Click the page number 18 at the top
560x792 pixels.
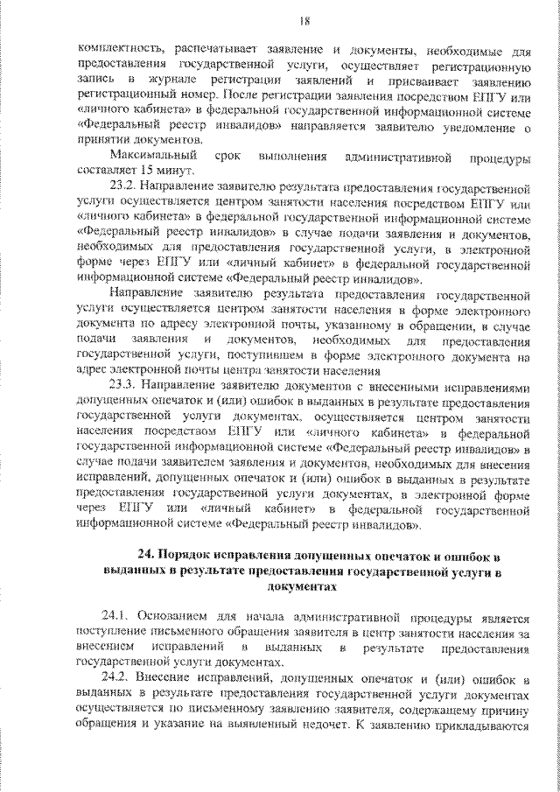(280, 20)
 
